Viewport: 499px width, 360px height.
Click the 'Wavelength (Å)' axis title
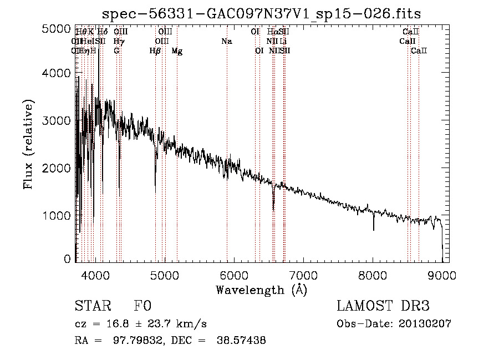point(261,290)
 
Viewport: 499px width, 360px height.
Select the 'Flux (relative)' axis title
point(29,144)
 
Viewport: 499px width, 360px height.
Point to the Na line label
point(226,42)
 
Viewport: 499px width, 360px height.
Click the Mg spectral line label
point(177,51)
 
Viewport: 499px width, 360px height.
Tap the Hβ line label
point(155,51)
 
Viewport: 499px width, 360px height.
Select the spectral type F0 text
point(142,306)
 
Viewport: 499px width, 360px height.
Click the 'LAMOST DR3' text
point(383,306)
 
